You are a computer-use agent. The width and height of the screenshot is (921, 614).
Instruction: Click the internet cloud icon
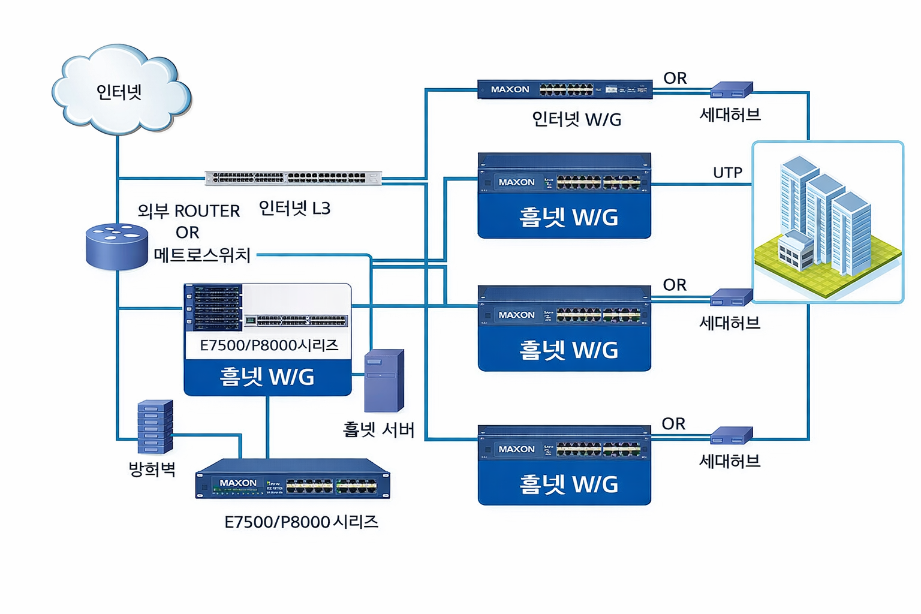click(120, 90)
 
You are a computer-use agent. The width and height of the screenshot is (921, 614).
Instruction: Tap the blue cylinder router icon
click(117, 246)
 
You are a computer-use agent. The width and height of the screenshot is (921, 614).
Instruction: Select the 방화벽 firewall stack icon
click(155, 426)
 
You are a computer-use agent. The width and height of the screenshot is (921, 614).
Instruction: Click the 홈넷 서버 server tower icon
click(384, 381)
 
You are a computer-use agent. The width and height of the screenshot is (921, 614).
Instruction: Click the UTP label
click(727, 173)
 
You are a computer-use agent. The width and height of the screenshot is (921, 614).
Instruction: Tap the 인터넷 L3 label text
click(294, 208)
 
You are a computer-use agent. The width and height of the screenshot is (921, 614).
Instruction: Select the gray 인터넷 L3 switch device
click(293, 178)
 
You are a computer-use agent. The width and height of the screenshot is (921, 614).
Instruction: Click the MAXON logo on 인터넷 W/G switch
click(510, 89)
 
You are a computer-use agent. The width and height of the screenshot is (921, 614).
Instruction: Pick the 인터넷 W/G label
click(576, 119)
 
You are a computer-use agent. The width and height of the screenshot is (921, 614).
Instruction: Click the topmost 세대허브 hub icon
click(731, 90)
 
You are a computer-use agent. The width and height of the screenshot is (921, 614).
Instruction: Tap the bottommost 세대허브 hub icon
click(731, 436)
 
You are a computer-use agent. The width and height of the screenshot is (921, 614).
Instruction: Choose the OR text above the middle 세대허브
click(675, 285)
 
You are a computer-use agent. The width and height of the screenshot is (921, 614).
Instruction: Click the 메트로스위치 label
click(202, 255)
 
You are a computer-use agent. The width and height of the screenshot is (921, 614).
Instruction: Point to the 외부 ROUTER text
click(189, 211)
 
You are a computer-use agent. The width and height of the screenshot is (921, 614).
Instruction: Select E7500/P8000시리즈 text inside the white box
click(269, 345)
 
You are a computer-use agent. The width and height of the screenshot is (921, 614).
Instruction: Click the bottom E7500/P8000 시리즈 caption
click(301, 522)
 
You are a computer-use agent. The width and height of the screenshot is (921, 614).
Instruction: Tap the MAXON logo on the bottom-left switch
click(238, 483)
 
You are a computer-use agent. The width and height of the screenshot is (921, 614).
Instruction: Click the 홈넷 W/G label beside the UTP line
click(568, 217)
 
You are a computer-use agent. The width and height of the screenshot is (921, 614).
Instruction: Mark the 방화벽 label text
click(152, 469)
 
